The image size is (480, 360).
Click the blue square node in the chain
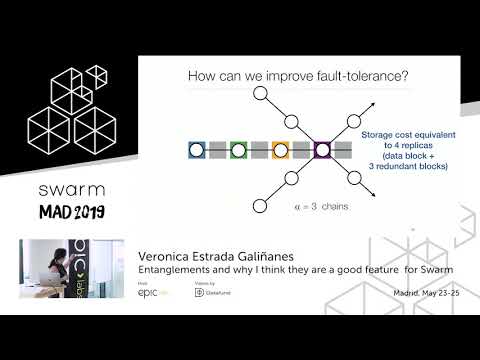196,150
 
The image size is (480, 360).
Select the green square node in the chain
238,150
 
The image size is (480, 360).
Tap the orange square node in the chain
280,150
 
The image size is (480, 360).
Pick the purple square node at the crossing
322,150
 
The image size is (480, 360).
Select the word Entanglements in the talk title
172,269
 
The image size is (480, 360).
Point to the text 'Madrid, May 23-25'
428,291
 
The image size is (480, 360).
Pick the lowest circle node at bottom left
260,207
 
